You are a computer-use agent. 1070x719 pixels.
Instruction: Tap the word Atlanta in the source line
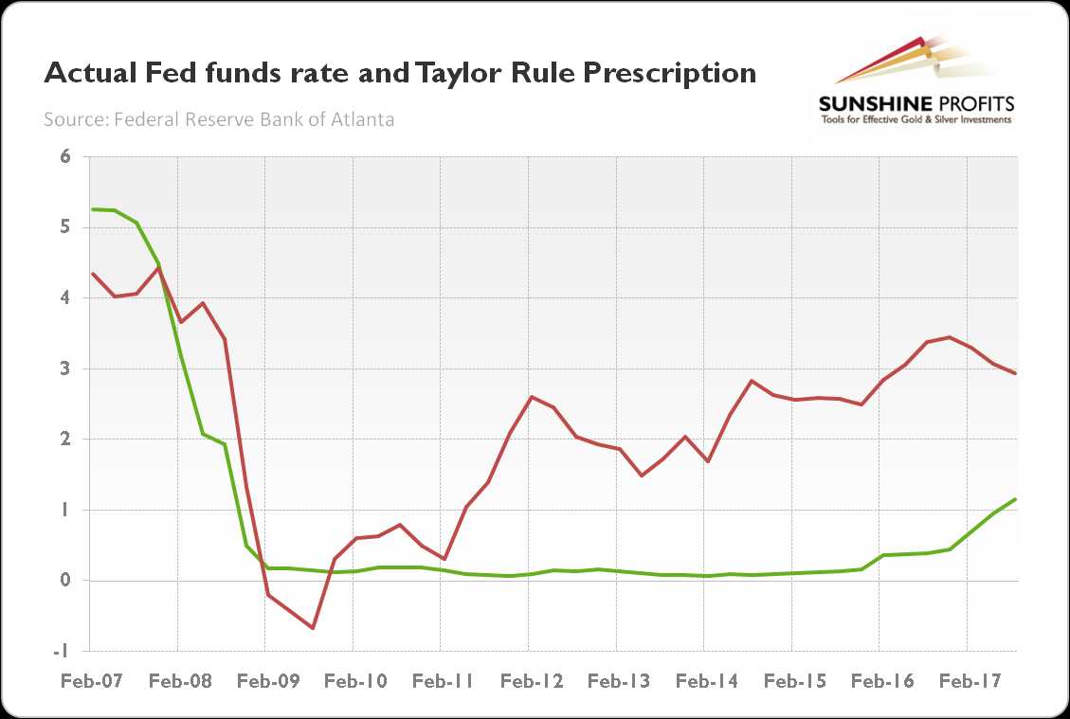(364, 119)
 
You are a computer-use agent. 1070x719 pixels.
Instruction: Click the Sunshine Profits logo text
(916, 104)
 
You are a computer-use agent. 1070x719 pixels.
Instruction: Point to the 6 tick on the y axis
(65, 157)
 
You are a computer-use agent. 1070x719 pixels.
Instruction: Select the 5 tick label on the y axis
(65, 227)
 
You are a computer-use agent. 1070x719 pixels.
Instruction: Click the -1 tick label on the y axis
(63, 651)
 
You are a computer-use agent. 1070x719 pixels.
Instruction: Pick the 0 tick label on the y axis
(65, 581)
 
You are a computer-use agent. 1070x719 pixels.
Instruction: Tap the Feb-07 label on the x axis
(89, 680)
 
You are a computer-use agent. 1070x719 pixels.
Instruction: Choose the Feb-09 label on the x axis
(264, 680)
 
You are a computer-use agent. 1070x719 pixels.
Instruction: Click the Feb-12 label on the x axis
(530, 680)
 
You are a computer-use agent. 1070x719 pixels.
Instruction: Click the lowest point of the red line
(312, 628)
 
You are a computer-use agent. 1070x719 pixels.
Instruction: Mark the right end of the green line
(1016, 499)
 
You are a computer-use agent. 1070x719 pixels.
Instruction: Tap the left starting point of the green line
(91, 209)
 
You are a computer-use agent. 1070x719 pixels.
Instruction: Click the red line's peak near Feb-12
(531, 397)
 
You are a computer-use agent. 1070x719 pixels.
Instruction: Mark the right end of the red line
(1016, 373)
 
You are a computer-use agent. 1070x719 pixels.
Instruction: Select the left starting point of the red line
(91, 274)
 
